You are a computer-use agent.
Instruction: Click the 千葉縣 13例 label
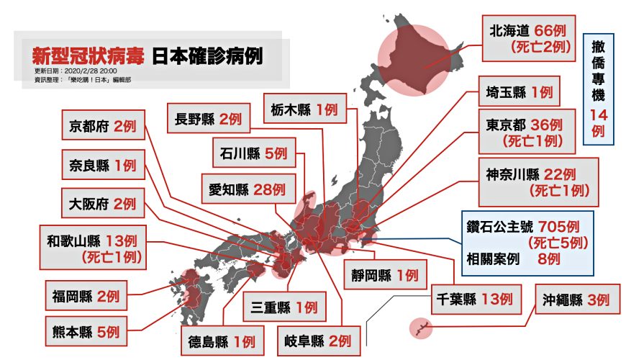click(473, 299)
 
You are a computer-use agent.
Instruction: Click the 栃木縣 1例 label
click(304, 109)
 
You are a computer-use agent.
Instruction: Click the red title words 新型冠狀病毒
click(89, 55)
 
